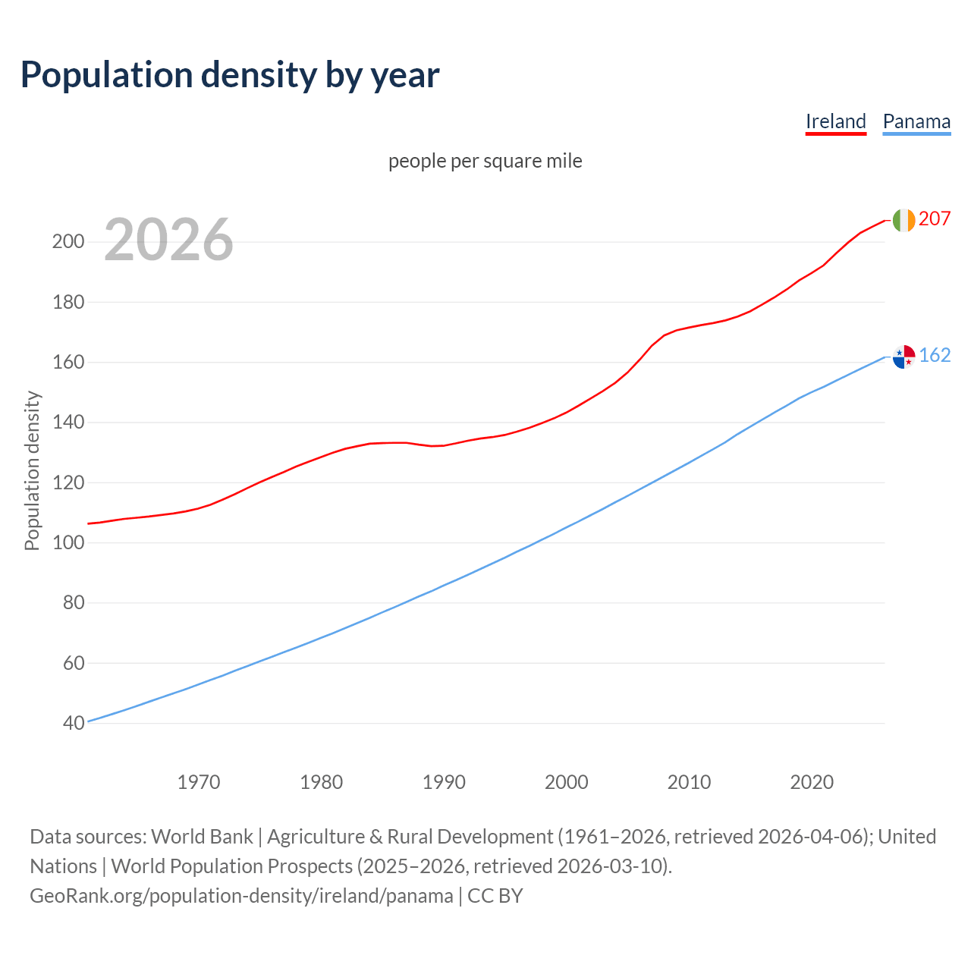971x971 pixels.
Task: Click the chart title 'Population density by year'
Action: [x=230, y=75]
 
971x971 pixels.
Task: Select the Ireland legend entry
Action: [x=835, y=121]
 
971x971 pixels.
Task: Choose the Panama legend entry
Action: [x=916, y=121]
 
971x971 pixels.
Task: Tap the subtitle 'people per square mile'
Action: [x=485, y=161]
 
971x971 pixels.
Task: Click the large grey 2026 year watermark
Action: [x=168, y=240]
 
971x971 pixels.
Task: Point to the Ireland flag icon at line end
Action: [x=903, y=220]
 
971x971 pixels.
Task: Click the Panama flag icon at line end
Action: [x=903, y=356]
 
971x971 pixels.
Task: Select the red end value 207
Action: [x=935, y=218]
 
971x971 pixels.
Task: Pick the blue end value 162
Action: [x=935, y=355]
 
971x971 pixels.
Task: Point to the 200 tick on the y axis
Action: [x=68, y=242]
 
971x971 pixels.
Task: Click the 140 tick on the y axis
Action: [x=68, y=423]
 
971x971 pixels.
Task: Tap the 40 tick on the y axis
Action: [x=74, y=723]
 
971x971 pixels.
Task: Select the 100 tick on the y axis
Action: [x=68, y=542]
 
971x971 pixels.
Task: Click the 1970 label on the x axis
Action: [x=199, y=781]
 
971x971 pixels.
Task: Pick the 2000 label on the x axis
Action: [x=566, y=781]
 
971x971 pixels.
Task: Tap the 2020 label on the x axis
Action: [x=812, y=781]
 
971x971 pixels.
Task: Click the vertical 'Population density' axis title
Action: [x=32, y=470]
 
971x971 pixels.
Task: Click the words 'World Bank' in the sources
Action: [x=202, y=837]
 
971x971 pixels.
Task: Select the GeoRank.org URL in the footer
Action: [x=241, y=896]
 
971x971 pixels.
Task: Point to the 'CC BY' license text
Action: [x=495, y=896]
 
